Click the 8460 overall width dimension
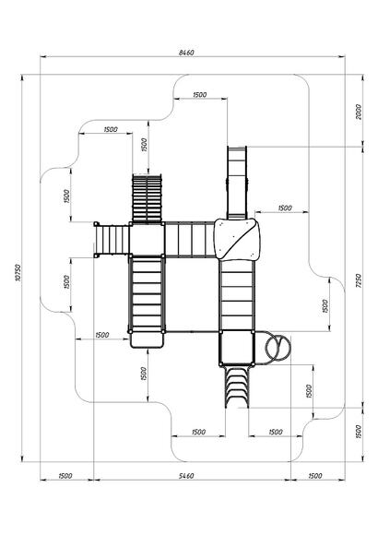click(x=186, y=53)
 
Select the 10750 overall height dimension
click(x=18, y=273)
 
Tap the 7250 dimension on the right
click(x=359, y=280)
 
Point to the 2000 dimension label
click(x=359, y=112)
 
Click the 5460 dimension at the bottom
click(x=186, y=476)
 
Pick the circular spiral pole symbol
click(x=278, y=348)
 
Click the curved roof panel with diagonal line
click(x=237, y=239)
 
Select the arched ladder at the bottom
click(x=237, y=386)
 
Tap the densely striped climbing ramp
click(x=147, y=198)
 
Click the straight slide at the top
click(x=237, y=183)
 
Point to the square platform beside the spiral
click(x=237, y=348)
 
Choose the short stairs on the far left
click(x=112, y=240)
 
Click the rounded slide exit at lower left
click(x=147, y=339)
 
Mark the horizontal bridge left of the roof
click(x=190, y=240)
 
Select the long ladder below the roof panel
click(x=237, y=295)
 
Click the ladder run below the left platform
click(x=147, y=295)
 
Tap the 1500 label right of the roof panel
click(x=285, y=208)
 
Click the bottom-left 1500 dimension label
click(x=65, y=476)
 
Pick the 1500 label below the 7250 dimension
click(x=359, y=432)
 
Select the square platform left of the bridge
click(x=147, y=240)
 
